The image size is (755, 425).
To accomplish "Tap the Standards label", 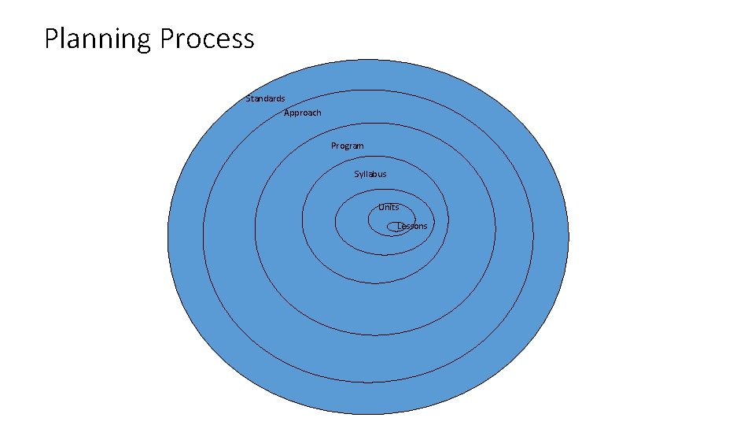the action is pyautogui.click(x=265, y=98).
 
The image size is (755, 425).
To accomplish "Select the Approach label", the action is pyautogui.click(x=303, y=113).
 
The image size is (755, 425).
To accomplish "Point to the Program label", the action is pyautogui.click(x=347, y=146).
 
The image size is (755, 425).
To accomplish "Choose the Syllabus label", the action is pyautogui.click(x=370, y=174).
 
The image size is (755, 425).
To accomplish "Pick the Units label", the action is pyautogui.click(x=389, y=207).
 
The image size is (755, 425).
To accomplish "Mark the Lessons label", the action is pyautogui.click(x=412, y=226).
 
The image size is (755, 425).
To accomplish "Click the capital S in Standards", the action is pyautogui.click(x=249, y=98).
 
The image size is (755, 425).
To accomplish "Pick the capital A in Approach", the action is pyautogui.click(x=287, y=113).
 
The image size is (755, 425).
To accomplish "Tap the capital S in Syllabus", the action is pyautogui.click(x=356, y=174).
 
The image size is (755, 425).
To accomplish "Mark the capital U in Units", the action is pyautogui.click(x=381, y=207).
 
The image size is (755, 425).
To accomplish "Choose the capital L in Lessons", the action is pyautogui.click(x=399, y=226).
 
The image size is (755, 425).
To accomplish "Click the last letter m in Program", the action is pyautogui.click(x=360, y=146).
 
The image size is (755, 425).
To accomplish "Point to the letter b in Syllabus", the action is pyautogui.click(x=375, y=174).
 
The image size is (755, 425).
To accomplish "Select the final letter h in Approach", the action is pyautogui.click(x=319, y=113).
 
